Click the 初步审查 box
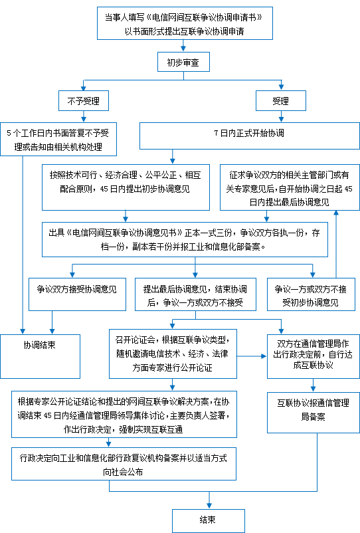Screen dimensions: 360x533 pyautogui.click(x=183, y=62)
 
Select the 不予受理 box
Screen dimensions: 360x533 pyautogui.click(x=84, y=100)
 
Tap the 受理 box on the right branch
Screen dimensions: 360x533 pyautogui.click(x=281, y=100)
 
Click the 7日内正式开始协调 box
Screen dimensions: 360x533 pyautogui.click(x=250, y=136)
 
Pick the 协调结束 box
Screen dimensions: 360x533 pyautogui.click(x=40, y=356)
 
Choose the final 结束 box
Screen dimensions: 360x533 pyautogui.click(x=209, y=521)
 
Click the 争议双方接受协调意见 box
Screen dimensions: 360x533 pyautogui.click(x=78, y=294)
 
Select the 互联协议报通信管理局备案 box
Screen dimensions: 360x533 pyautogui.click(x=313, y=413)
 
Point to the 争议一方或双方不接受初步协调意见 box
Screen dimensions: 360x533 pyautogui.click(x=311, y=294)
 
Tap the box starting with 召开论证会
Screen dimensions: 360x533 pyautogui.click(x=173, y=354)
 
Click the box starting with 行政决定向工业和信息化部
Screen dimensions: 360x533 pyautogui.click(x=124, y=464)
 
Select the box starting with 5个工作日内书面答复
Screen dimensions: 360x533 pyautogui.click(x=58, y=140)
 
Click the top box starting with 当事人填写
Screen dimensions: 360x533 pyautogui.click(x=185, y=23)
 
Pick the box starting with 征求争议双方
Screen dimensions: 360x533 pyautogui.click(x=290, y=187)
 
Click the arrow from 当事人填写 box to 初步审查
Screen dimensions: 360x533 pyautogui.click(x=183, y=46)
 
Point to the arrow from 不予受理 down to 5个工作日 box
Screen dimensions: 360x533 pyautogui.click(x=84, y=116)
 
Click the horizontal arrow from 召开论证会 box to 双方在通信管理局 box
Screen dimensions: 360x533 pyautogui.click(x=252, y=356)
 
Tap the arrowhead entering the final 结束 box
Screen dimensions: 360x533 pyautogui.click(x=209, y=506)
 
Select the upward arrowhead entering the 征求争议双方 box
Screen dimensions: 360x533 pyautogui.click(x=336, y=213)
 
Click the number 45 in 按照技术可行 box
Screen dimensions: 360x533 pyautogui.click(x=104, y=189)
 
